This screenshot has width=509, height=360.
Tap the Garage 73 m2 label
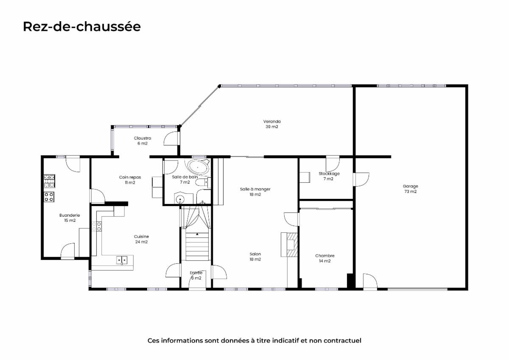pos(411,189)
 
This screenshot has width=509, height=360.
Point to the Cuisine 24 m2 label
pos(141,239)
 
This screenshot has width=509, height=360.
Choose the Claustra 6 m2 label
pos(143,141)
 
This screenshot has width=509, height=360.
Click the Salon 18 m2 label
pos(255,257)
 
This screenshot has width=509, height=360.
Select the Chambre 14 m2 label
pos(325,258)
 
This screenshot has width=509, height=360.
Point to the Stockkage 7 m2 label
pos(329,176)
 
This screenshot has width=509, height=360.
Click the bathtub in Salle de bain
pos(197,167)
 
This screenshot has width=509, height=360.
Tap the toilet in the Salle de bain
pos(203,183)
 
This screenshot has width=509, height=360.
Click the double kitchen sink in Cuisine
pos(122,260)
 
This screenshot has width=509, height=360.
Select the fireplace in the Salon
pos(289,245)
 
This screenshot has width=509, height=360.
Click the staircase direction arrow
pos(197,234)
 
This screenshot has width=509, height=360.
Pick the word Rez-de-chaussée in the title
pos(82,27)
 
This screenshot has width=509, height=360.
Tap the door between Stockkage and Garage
pos(361,179)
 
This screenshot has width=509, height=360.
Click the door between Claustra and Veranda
pos(171,138)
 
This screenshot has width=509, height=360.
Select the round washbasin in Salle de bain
pos(180,199)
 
